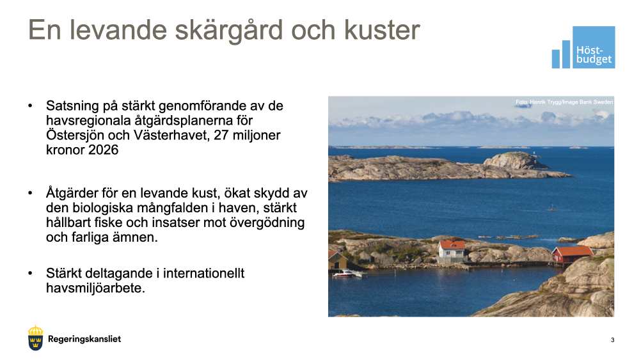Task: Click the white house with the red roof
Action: click(452, 251)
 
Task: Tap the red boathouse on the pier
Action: click(571, 254)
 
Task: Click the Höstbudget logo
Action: click(583, 47)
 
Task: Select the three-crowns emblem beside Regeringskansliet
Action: click(36, 338)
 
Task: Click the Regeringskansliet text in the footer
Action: click(84, 339)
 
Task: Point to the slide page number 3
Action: click(612, 340)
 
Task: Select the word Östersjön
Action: click(75, 136)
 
